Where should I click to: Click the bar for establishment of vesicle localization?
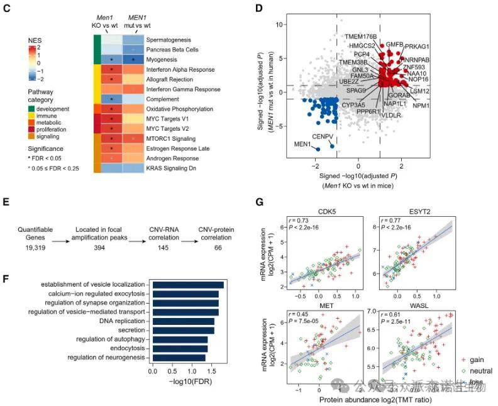tap(187, 285)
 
